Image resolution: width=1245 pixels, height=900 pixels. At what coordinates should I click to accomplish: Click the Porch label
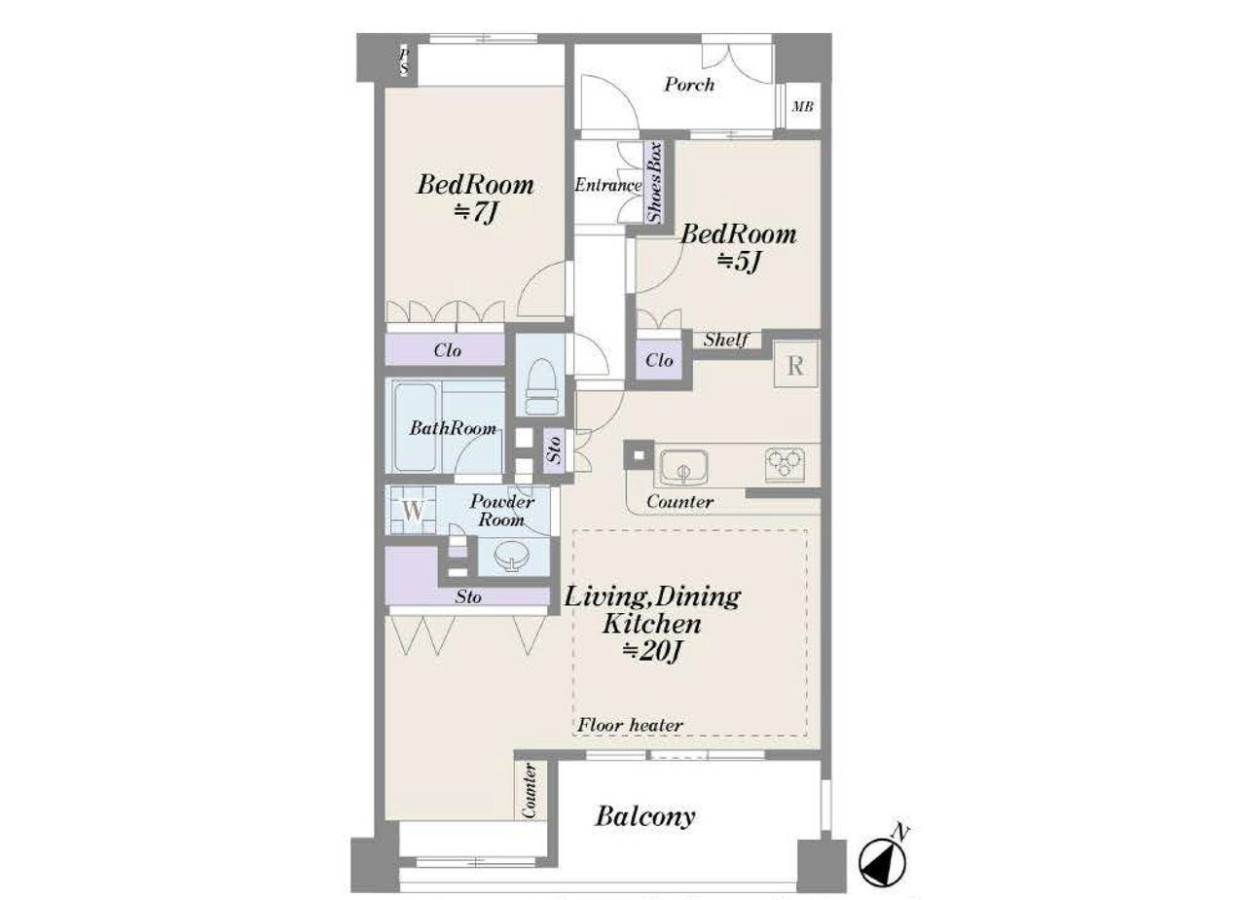click(x=689, y=85)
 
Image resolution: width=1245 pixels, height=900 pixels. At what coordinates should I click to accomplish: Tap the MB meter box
click(x=802, y=106)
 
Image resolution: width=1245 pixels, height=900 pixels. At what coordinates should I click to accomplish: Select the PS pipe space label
click(x=404, y=61)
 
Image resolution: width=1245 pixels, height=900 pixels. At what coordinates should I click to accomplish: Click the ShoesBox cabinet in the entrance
click(x=655, y=182)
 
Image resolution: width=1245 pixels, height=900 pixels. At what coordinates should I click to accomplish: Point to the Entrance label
click(x=607, y=185)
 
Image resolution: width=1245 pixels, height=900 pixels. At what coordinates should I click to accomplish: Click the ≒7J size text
click(x=475, y=213)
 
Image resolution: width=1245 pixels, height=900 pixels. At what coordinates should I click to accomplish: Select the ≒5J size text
click(x=739, y=262)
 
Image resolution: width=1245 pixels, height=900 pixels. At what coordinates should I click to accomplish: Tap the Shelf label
click(x=726, y=340)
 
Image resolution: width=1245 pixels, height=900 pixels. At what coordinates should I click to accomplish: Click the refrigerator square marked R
click(x=796, y=365)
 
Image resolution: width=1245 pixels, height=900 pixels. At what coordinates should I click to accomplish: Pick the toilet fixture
click(x=541, y=386)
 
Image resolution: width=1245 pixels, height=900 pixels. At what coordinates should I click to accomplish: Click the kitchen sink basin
click(x=683, y=467)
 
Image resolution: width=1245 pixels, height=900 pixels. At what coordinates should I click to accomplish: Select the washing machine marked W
click(x=412, y=510)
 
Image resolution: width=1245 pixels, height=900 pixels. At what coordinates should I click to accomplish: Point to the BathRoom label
click(x=453, y=428)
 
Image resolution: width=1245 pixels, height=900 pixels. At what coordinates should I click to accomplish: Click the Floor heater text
click(x=630, y=725)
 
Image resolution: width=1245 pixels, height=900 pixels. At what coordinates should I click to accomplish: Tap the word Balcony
click(x=645, y=816)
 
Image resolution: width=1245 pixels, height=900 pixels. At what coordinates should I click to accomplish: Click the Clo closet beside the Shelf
click(x=659, y=359)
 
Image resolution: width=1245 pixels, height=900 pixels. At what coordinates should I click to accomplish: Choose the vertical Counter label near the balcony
click(x=530, y=790)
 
